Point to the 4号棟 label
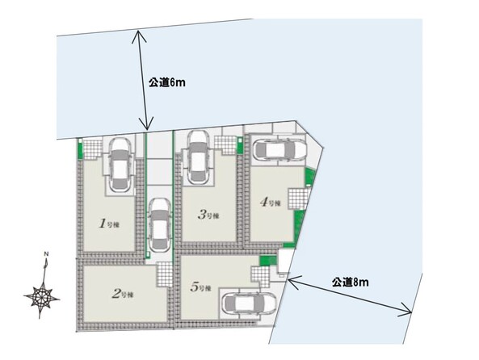click(x=269, y=203)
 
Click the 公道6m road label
click(x=167, y=82)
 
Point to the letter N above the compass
click(x=46, y=255)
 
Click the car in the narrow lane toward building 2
click(x=158, y=225)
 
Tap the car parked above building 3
click(x=198, y=157)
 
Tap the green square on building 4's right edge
click(x=309, y=178)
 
